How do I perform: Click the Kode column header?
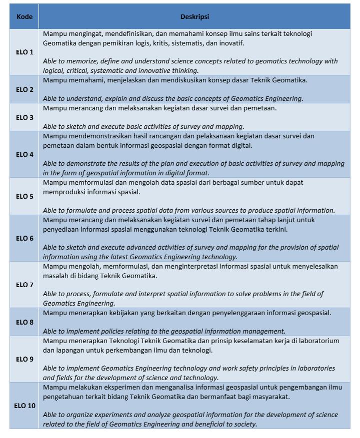pyautogui.click(x=24, y=16)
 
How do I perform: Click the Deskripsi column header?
pyautogui.click(x=194, y=16)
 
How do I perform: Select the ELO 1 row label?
pyautogui.click(x=24, y=52)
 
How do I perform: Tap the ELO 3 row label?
pyautogui.click(x=24, y=117)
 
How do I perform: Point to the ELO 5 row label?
pyautogui.click(x=24, y=196)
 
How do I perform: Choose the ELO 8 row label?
pyautogui.click(x=24, y=322)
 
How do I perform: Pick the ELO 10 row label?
pyautogui.click(x=24, y=406)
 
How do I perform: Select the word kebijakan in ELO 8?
pyautogui.click(x=131, y=313)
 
